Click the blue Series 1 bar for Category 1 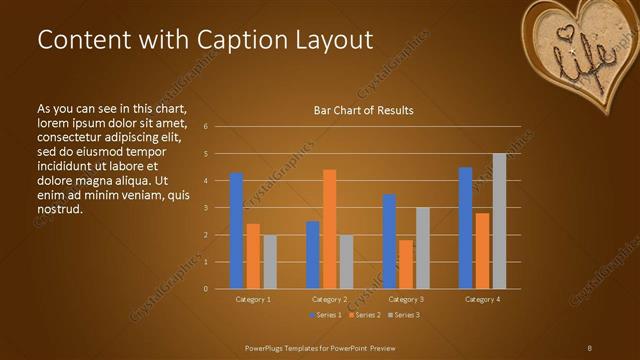(x=236, y=231)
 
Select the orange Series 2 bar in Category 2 (x=329, y=229)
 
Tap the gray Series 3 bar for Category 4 (x=499, y=221)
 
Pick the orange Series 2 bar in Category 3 (x=406, y=264)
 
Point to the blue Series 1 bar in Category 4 (x=465, y=228)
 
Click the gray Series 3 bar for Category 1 (x=270, y=262)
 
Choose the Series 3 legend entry (x=404, y=315)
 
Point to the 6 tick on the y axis (x=205, y=127)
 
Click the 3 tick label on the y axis (x=205, y=208)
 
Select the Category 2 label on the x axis (x=329, y=299)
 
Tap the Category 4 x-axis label (x=483, y=299)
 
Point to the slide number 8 (x=589, y=347)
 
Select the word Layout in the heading (x=335, y=40)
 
